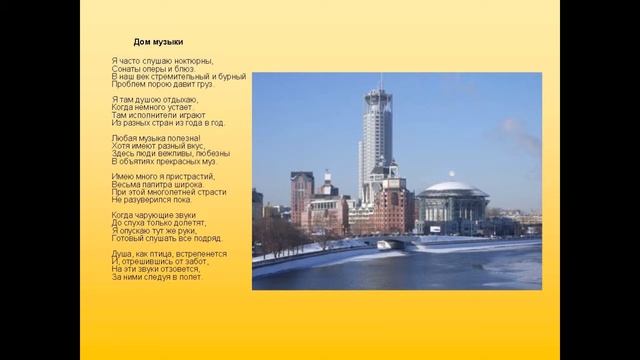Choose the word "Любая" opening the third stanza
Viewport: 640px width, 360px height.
pos(125,137)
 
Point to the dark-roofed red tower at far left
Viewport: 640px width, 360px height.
pos(302,196)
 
